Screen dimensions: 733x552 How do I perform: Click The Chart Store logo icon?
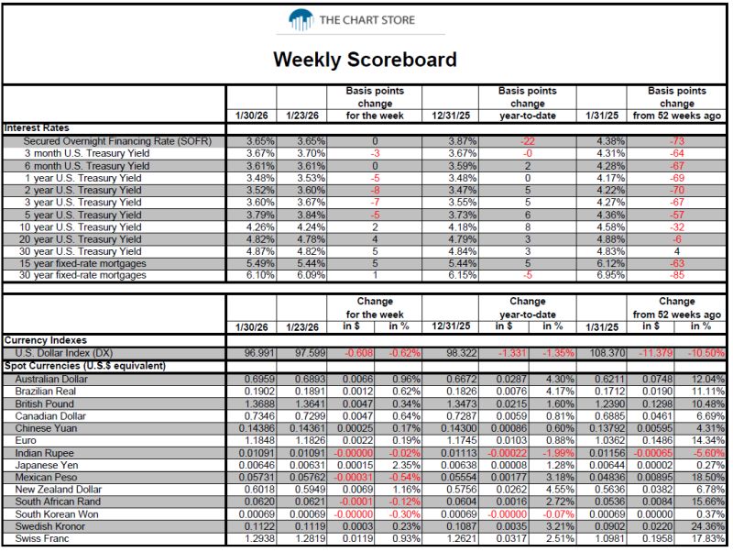(301, 20)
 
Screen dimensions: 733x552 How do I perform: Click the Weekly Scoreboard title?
(365, 60)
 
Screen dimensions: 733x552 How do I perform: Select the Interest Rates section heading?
(37, 128)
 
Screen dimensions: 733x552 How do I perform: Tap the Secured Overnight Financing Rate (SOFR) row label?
(117, 141)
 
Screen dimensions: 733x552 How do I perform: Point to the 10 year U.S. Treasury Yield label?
(80, 227)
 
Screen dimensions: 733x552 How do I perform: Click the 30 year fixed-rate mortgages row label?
(82, 275)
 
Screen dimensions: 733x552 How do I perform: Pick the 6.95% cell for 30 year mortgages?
(610, 275)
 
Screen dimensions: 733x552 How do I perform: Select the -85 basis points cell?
(676, 275)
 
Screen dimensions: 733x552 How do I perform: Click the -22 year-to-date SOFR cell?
(528, 141)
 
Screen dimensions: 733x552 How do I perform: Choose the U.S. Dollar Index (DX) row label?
(63, 353)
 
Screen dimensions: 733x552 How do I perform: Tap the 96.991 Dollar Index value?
(259, 353)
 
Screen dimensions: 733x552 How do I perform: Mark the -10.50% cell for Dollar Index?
(706, 353)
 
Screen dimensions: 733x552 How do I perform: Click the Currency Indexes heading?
(45, 340)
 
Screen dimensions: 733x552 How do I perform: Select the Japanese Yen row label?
(47, 466)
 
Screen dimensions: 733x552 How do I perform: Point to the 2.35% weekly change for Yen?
(406, 466)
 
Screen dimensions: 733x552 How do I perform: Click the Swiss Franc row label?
(41, 539)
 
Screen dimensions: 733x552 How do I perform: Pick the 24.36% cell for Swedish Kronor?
(708, 526)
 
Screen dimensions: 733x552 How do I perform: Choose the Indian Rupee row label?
(44, 453)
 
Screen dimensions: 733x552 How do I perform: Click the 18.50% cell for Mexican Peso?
(708, 478)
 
